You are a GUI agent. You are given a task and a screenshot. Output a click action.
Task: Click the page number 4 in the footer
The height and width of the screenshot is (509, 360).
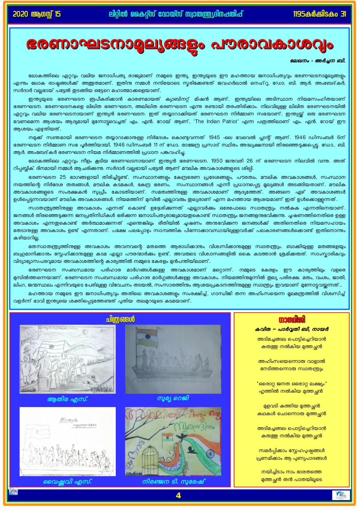[178, 496]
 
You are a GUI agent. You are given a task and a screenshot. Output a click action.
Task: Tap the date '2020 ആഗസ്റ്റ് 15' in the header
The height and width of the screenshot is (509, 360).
[37, 14]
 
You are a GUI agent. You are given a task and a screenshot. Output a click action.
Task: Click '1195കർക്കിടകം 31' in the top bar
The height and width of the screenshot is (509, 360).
[319, 14]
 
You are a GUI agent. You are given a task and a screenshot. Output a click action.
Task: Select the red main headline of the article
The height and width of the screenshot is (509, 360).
[179, 44]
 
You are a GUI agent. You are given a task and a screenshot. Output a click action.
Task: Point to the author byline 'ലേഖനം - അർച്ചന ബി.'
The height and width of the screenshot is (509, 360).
[318, 61]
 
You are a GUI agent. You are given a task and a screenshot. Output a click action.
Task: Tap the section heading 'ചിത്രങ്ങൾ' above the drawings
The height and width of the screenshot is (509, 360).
[120, 320]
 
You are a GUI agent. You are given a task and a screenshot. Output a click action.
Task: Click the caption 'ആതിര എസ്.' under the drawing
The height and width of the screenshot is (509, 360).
[67, 399]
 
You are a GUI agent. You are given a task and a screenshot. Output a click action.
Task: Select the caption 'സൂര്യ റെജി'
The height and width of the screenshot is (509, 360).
[173, 398]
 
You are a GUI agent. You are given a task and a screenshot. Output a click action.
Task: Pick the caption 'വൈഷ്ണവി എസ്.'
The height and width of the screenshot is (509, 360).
[67, 482]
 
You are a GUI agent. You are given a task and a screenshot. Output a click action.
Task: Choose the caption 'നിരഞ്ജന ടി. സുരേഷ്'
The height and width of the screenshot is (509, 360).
[173, 482]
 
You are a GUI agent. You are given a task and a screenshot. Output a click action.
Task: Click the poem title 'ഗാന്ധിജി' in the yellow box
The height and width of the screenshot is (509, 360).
[292, 320]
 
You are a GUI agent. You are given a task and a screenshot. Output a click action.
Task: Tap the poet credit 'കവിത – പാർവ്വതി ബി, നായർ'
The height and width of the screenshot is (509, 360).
[292, 329]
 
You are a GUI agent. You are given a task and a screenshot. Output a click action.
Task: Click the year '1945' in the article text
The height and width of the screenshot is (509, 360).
[214, 137]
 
